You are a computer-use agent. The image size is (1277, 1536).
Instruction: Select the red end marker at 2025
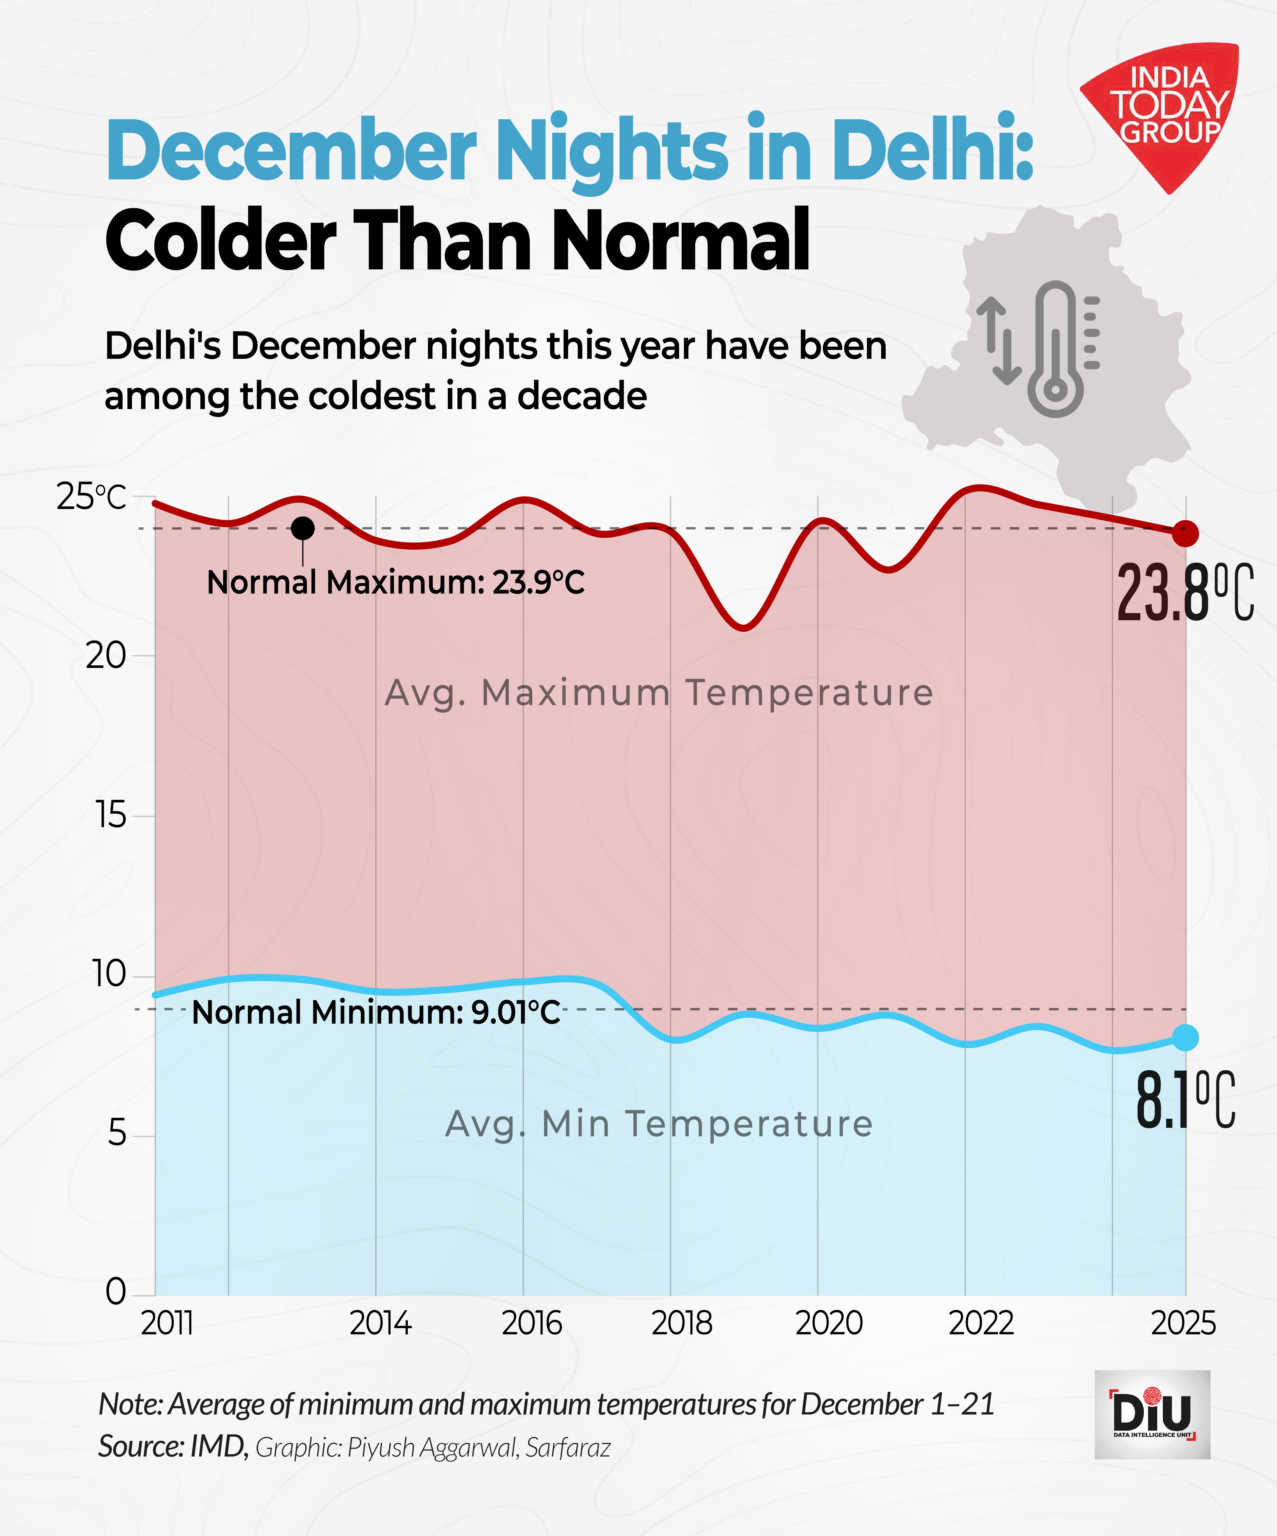(x=1186, y=534)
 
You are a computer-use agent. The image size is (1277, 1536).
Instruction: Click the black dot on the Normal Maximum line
(x=303, y=528)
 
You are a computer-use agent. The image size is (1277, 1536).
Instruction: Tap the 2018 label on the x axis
(x=682, y=1324)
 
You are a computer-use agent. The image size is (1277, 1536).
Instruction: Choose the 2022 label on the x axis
(x=981, y=1324)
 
